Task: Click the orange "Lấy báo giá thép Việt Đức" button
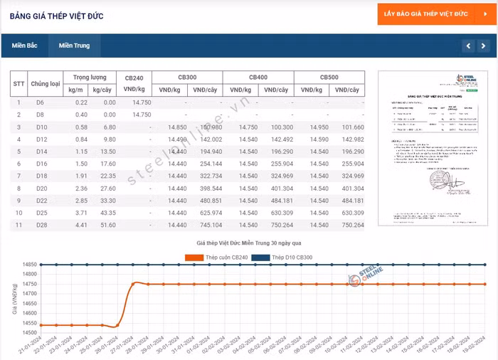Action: [435, 14]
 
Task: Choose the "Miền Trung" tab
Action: [74, 46]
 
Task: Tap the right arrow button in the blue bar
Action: [484, 46]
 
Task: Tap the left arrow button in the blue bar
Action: [467, 46]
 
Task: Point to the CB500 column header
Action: [329, 77]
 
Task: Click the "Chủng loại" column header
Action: [46, 83]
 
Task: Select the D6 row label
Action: [41, 102]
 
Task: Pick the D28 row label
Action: [41, 226]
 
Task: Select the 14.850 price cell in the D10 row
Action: [176, 127]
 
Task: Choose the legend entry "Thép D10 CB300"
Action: [287, 258]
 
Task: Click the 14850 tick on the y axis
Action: [29, 265]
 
